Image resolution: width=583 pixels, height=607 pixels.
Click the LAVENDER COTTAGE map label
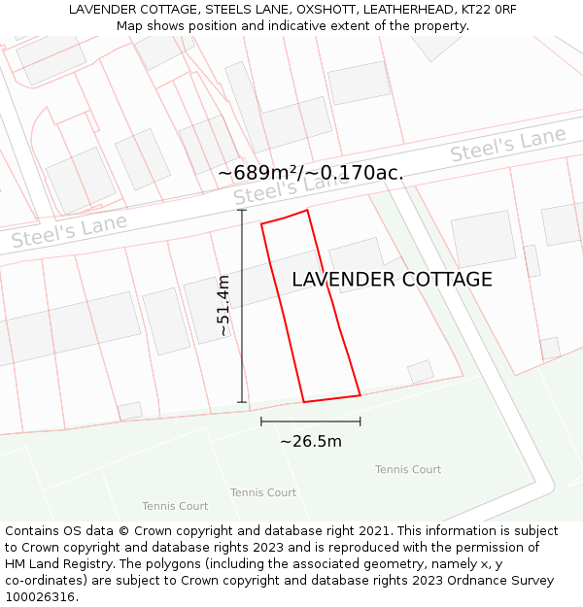point(392,280)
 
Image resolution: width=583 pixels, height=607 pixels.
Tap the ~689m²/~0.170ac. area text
point(310,173)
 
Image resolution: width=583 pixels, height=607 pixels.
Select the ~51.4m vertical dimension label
point(223,306)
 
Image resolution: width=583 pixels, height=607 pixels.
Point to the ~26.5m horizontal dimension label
point(311,442)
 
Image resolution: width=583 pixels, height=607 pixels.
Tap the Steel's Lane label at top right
point(507,145)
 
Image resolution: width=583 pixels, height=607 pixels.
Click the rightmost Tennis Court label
point(408,470)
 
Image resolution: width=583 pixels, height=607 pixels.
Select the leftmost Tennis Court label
point(175,506)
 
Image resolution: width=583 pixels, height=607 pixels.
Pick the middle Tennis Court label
point(263,492)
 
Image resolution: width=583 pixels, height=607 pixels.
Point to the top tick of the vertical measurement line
point(242,210)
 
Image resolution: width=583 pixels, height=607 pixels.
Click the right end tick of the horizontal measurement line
point(360,422)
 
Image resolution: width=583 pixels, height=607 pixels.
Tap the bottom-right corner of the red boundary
point(360,394)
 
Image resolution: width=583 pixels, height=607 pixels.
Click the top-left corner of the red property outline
point(261,224)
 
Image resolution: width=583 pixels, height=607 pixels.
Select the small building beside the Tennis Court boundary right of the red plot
point(420,372)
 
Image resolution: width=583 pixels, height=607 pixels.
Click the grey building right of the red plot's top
point(356,261)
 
